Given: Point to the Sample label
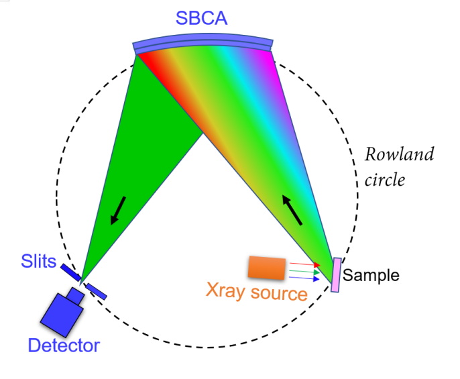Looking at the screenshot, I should tap(371, 275).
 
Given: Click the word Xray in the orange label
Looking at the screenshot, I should tap(228, 293).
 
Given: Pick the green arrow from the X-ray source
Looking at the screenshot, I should tap(304, 272).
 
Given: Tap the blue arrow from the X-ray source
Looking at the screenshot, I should tap(304, 278).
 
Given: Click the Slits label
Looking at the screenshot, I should tap(39, 260).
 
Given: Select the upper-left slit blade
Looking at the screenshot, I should tap(70, 272).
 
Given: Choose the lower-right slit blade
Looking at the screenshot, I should tap(96, 290).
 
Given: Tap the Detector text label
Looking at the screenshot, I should tap(64, 346).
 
